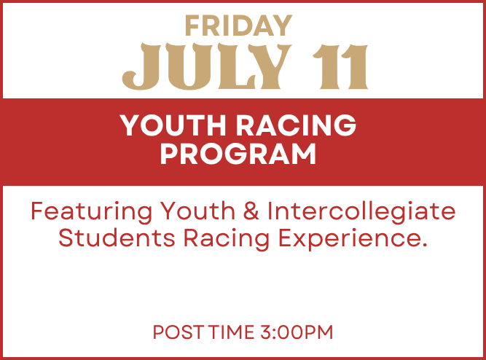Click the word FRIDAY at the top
[x=239, y=26]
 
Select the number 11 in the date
[x=340, y=66]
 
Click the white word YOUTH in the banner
[x=173, y=125]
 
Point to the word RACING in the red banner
[x=296, y=125]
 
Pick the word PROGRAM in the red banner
[x=238, y=154]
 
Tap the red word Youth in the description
[x=197, y=211]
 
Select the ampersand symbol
[x=251, y=211]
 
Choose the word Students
[x=117, y=238]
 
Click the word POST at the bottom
[x=179, y=332]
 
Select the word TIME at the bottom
[x=231, y=332]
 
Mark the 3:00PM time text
[x=297, y=332]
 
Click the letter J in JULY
[x=142, y=66]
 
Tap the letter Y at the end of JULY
[x=270, y=66]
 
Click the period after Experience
[x=425, y=246]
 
